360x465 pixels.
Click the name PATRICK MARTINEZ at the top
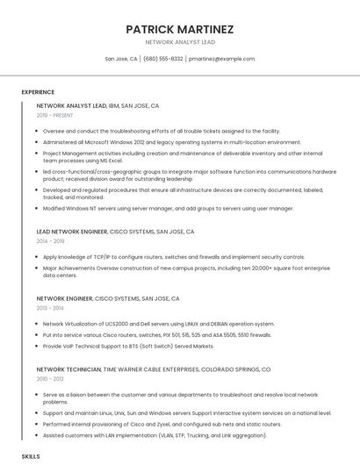pos(179,29)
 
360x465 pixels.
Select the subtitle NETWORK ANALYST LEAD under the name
pos(179,42)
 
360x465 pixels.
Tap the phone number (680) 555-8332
pos(162,59)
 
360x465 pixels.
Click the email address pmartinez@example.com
pos(221,59)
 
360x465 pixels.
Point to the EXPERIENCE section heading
pos(38,91)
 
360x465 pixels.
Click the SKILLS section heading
pos(31,457)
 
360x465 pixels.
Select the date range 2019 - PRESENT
pos(54,115)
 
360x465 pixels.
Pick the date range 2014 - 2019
pos(50,240)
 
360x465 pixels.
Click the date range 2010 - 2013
pos(50,379)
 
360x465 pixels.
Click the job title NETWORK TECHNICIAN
pos(68,370)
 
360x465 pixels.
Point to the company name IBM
pos(114,105)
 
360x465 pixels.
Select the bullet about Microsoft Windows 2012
pos(159,141)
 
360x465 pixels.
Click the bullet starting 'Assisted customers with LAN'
pos(142,435)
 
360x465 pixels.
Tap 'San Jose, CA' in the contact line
pos(121,59)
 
